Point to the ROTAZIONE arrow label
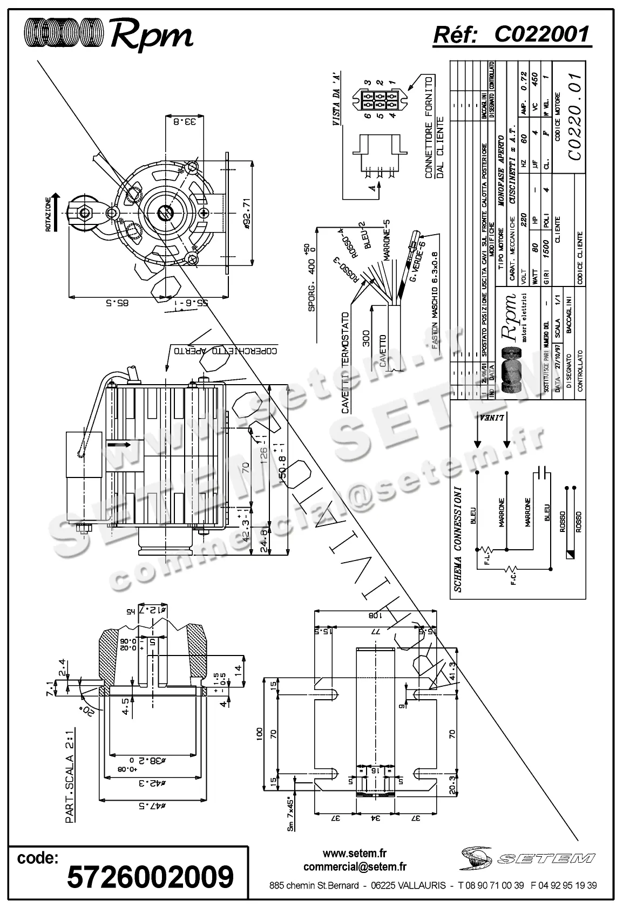click(48, 214)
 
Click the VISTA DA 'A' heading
click(336, 105)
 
